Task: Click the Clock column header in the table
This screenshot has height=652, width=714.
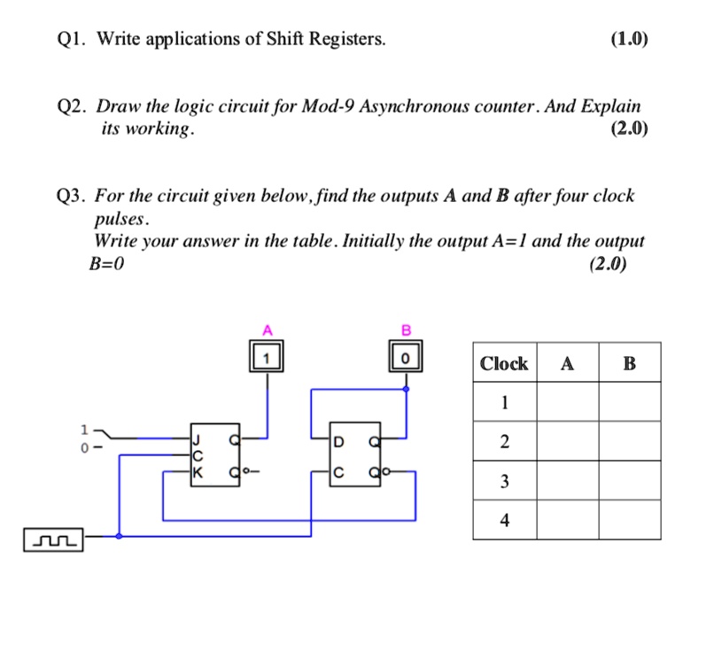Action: (x=503, y=363)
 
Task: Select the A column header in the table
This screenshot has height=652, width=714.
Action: (x=567, y=363)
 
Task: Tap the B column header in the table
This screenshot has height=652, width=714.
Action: (x=629, y=363)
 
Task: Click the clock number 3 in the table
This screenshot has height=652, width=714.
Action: (x=504, y=481)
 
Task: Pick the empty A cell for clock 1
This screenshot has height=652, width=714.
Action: (x=567, y=402)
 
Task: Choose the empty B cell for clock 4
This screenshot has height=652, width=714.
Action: (x=629, y=521)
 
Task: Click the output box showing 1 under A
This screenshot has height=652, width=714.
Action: (x=267, y=358)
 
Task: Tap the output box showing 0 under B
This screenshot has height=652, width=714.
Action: (x=406, y=358)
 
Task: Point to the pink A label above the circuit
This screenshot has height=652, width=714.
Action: (x=267, y=330)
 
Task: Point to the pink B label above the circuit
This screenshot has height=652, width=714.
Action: (x=407, y=330)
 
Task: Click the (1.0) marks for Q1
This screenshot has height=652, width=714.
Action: (x=629, y=39)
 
